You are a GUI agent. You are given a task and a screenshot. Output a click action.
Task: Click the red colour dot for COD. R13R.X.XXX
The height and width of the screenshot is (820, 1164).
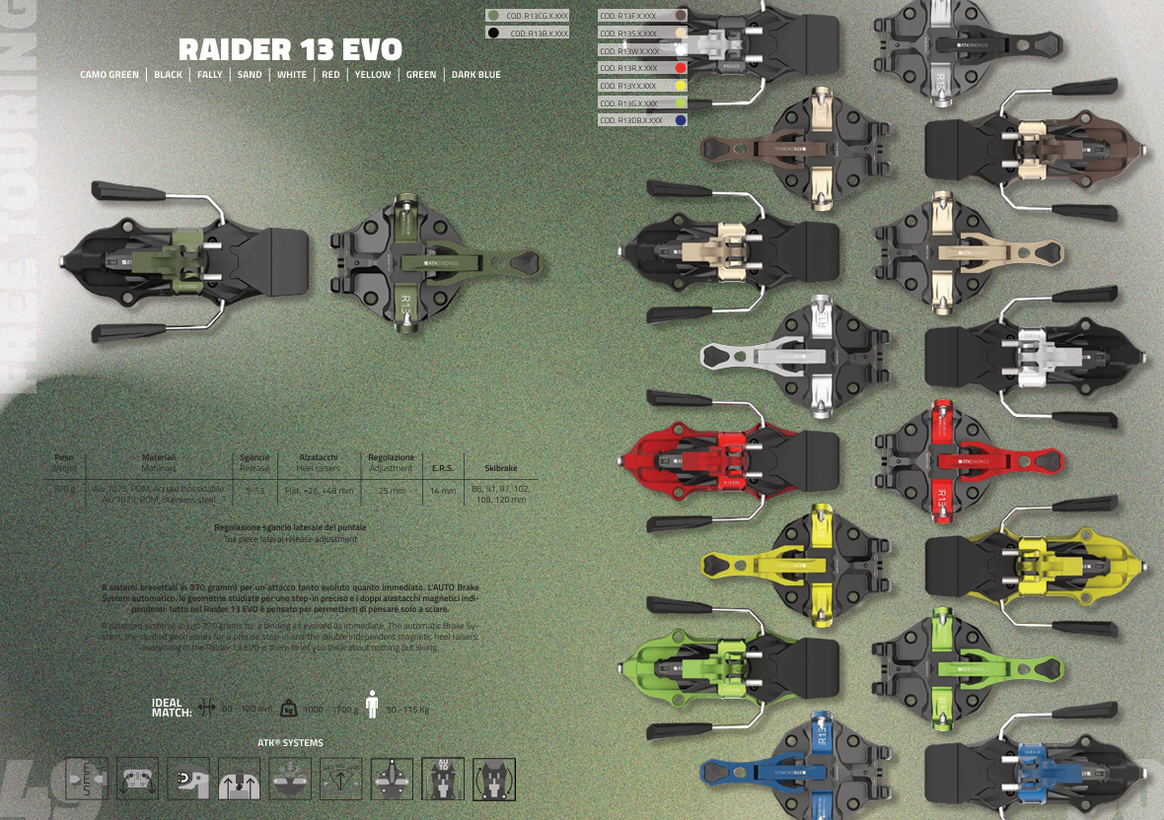tap(680, 68)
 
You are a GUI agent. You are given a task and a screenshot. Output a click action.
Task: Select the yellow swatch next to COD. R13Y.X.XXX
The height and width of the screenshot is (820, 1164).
tap(680, 86)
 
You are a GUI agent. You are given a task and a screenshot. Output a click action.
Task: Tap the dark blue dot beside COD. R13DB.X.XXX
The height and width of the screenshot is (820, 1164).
tap(680, 120)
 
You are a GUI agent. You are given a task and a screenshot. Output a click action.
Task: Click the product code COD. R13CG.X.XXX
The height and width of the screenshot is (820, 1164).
tap(537, 16)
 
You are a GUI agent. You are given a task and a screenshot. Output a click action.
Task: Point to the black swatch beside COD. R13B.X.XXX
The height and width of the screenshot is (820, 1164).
tap(492, 34)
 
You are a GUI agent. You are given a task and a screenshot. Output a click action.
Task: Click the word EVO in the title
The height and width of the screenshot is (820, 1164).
tap(365, 50)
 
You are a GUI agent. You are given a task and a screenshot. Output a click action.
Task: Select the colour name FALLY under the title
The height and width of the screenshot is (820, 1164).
tap(209, 75)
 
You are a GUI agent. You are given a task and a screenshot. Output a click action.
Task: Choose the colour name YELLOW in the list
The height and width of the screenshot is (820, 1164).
tap(373, 75)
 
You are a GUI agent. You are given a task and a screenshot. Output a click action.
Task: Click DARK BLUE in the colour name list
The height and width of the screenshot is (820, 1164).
tap(475, 75)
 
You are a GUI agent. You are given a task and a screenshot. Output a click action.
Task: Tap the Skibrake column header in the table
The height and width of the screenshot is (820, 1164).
tap(501, 468)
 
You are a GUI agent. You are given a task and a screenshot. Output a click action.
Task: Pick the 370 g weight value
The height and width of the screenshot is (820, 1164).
tap(64, 489)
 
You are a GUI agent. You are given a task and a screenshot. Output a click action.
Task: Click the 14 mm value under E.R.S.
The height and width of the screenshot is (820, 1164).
tap(443, 490)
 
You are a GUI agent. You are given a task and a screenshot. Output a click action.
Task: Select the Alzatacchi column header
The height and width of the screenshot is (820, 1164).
tap(318, 457)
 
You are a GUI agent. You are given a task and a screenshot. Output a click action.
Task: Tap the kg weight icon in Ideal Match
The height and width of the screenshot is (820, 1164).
tap(289, 708)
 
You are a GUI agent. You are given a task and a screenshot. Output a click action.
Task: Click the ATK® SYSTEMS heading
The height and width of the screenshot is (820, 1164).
tap(290, 743)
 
